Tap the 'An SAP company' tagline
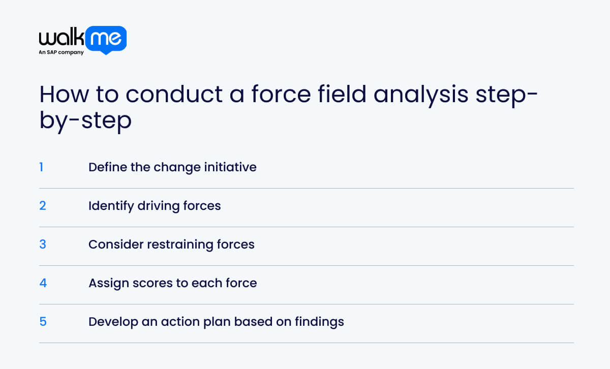click(62, 52)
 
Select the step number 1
click(42, 167)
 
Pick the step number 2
click(43, 206)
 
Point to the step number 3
click(43, 244)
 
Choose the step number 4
click(43, 283)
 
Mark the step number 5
click(43, 322)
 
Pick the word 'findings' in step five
click(321, 322)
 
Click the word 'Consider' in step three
click(115, 244)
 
